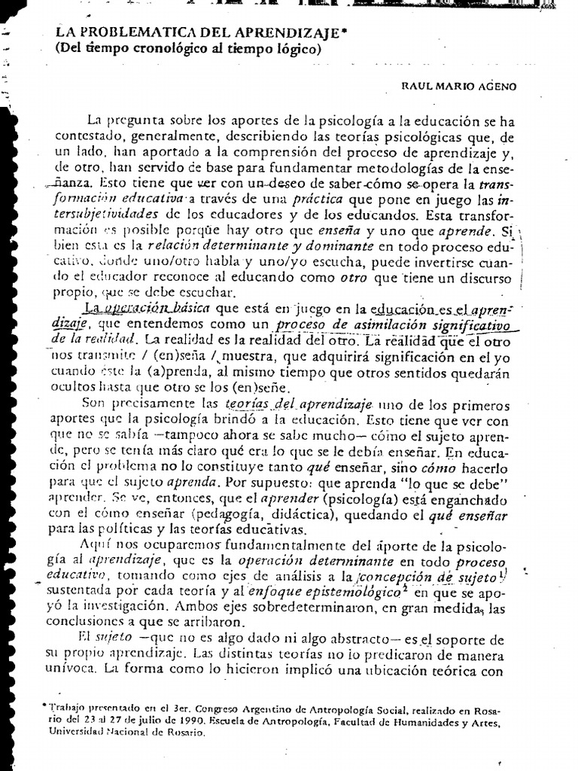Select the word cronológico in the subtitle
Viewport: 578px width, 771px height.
167,50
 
